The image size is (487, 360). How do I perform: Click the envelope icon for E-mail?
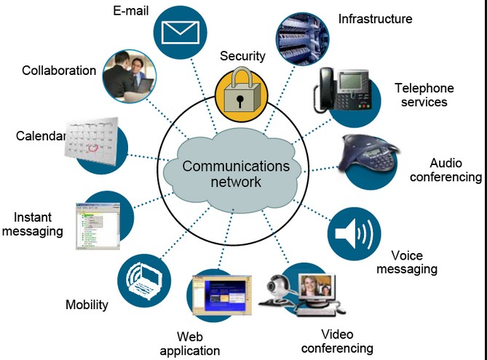[180, 32]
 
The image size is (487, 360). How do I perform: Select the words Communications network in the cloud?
[236, 174]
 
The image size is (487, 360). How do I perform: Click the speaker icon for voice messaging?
[355, 233]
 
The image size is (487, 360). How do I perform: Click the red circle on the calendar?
[93, 147]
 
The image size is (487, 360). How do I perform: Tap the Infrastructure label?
[375, 19]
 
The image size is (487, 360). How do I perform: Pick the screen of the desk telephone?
[351, 81]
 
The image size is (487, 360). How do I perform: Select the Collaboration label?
[59, 71]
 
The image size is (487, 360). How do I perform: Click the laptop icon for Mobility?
[144, 281]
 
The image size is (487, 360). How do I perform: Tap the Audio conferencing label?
[446, 170]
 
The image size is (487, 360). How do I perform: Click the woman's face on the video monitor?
[312, 285]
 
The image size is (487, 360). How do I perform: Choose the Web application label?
[190, 343]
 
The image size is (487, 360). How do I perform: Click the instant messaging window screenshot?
[98, 226]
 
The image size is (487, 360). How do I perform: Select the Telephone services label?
[424, 95]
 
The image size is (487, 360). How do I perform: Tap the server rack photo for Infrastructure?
[303, 39]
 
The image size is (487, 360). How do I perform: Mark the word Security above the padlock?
[242, 56]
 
